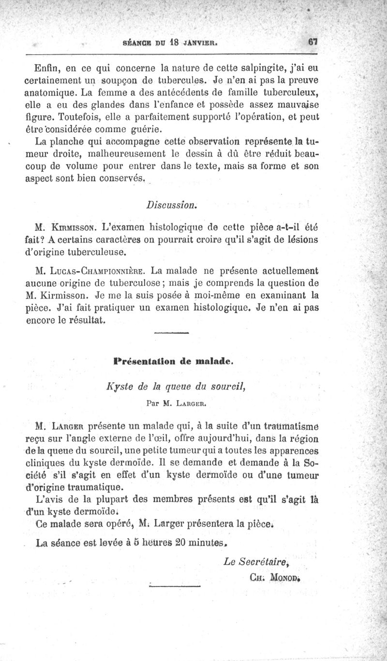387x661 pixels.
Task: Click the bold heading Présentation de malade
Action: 174,361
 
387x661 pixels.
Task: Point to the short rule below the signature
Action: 175,588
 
